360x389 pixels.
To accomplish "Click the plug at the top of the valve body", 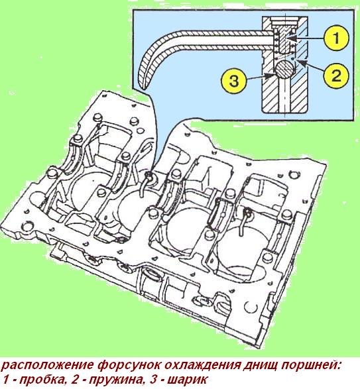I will (286, 41).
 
